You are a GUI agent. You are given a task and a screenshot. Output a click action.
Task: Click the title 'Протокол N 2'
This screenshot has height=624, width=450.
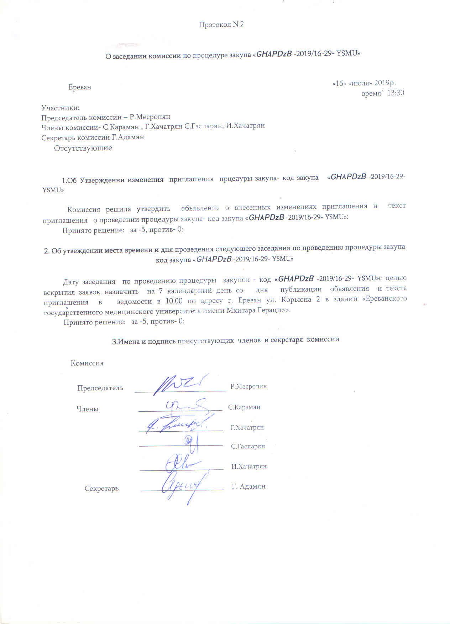pyautogui.click(x=221, y=25)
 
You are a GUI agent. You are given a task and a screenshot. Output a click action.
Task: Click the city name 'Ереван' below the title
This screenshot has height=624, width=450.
pyautogui.click(x=80, y=87)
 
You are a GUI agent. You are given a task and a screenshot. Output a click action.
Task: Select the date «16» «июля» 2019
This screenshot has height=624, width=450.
pyautogui.click(x=363, y=83)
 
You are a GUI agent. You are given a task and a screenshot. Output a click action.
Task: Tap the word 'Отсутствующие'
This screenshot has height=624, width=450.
pyautogui.click(x=83, y=148)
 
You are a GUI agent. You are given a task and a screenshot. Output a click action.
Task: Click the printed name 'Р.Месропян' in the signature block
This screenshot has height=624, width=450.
pyautogui.click(x=248, y=386)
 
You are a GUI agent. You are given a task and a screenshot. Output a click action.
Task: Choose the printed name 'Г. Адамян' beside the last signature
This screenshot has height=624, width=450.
pyautogui.click(x=248, y=487)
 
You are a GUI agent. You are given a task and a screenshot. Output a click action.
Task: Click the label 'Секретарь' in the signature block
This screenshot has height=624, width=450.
pyautogui.click(x=101, y=489)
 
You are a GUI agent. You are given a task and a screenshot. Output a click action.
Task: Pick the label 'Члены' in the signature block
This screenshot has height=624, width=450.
pyautogui.click(x=88, y=409)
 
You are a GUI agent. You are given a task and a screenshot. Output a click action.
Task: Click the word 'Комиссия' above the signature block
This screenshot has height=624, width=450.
pyautogui.click(x=87, y=363)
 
